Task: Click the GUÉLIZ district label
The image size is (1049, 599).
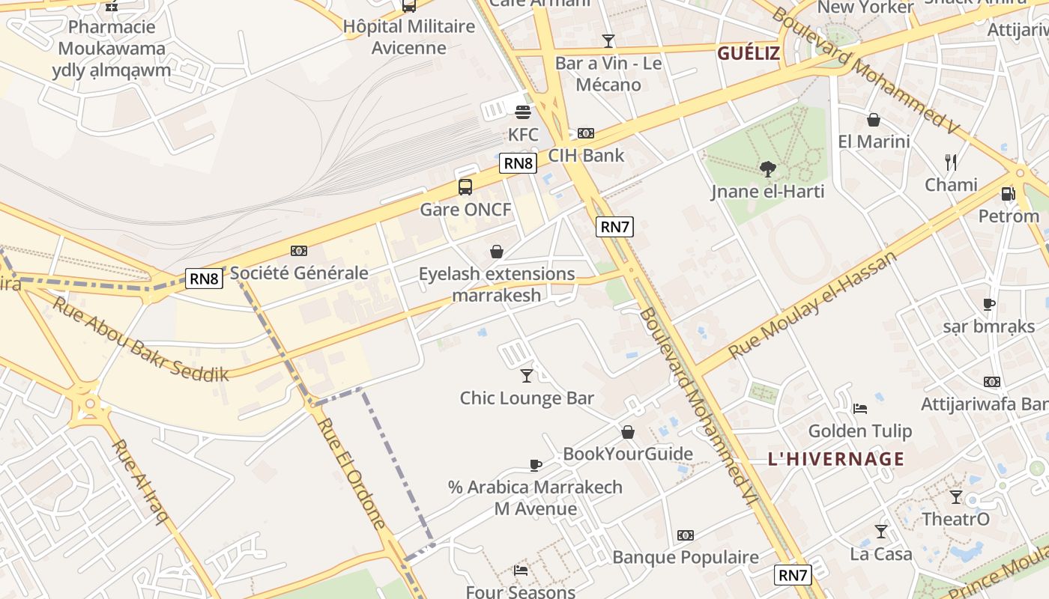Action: pyautogui.click(x=749, y=53)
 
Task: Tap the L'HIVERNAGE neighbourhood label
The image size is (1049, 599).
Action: pyautogui.click(x=836, y=459)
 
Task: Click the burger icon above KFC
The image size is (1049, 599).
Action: pyautogui.click(x=523, y=112)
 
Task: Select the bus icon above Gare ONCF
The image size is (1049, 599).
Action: pyautogui.click(x=465, y=187)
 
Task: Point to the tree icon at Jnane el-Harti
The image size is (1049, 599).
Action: pyautogui.click(x=767, y=169)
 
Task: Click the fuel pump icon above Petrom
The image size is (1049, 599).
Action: pyautogui.click(x=1009, y=194)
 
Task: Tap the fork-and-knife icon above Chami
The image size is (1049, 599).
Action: pyautogui.click(x=951, y=162)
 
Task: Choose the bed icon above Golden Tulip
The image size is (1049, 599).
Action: pyautogui.click(x=860, y=409)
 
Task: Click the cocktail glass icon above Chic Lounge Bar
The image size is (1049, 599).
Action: pyautogui.click(x=527, y=376)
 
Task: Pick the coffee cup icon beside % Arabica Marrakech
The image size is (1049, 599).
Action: pyautogui.click(x=536, y=465)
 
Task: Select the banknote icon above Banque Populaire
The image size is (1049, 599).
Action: pyautogui.click(x=686, y=535)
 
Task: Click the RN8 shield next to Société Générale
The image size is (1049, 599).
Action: pyautogui.click(x=205, y=279)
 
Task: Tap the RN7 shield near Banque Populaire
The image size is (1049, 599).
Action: pyautogui.click(x=793, y=575)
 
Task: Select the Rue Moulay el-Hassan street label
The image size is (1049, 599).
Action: pyautogui.click(x=812, y=305)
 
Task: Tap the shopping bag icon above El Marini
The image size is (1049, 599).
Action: pyautogui.click(x=874, y=120)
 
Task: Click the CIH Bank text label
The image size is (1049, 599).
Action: pyautogui.click(x=586, y=156)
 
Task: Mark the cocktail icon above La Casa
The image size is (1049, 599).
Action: pyautogui.click(x=881, y=532)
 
